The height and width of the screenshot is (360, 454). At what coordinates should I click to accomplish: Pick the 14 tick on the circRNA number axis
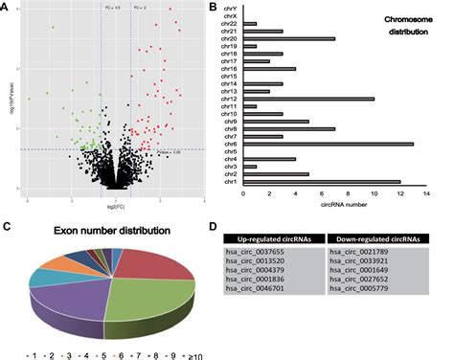[426, 192]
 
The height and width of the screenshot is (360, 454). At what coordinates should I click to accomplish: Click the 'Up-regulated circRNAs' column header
[275, 237]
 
